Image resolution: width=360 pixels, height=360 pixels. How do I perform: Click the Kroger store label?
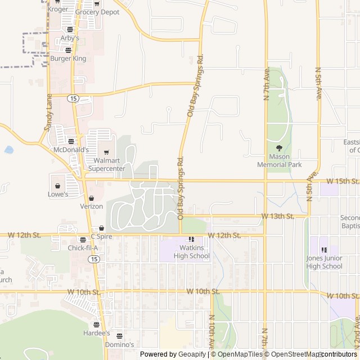[58, 9]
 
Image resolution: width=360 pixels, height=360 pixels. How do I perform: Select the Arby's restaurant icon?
[70, 29]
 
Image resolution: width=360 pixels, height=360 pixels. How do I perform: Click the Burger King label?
[68, 58]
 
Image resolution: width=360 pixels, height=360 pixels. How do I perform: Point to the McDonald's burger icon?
[71, 141]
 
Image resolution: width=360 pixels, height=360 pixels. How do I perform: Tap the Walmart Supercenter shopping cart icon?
[106, 152]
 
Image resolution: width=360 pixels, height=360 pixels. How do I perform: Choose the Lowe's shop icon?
[57, 185]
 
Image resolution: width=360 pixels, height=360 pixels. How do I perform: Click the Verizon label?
[91, 206]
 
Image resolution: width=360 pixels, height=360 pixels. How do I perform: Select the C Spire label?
[101, 236]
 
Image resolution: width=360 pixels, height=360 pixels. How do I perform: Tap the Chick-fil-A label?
[83, 247]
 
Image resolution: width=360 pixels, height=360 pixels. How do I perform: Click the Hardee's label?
[97, 333]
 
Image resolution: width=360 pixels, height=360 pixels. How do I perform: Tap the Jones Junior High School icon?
[324, 250]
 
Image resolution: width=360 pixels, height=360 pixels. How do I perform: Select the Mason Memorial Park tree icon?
[279, 148]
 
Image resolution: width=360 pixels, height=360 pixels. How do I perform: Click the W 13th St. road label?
[278, 216]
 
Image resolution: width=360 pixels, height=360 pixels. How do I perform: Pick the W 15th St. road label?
[342, 181]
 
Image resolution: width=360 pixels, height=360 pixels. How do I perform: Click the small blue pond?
[8, 150]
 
